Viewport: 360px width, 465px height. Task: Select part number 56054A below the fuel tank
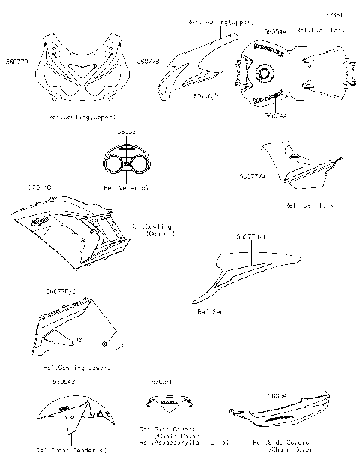click(x=276, y=116)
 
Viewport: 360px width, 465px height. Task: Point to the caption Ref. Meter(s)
click(x=125, y=187)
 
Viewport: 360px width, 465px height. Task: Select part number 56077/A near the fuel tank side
click(x=250, y=175)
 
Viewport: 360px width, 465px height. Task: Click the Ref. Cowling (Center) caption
click(x=152, y=229)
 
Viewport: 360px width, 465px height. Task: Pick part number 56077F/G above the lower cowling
click(x=60, y=290)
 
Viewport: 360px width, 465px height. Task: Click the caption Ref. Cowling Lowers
click(x=76, y=367)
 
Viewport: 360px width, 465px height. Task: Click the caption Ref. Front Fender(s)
click(x=72, y=449)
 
